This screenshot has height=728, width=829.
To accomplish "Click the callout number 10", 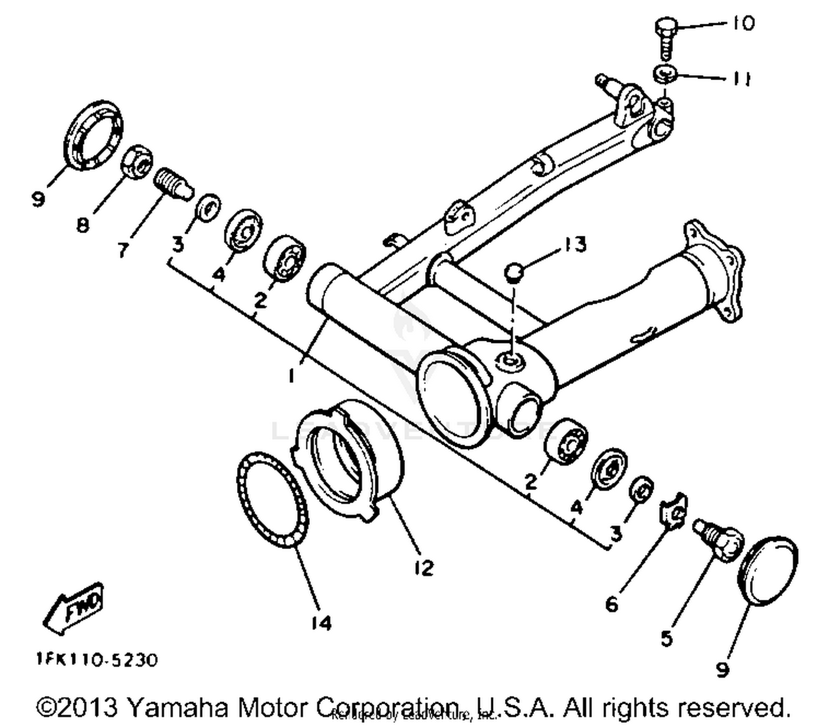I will coord(743,23).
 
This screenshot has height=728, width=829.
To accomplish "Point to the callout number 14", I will coord(321,623).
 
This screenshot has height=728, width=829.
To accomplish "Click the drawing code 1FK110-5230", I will coord(97,660).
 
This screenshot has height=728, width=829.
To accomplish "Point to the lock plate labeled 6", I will coord(675,510).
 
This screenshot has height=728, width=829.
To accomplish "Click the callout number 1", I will coord(291,376).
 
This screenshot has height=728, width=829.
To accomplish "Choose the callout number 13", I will coord(575,244).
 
